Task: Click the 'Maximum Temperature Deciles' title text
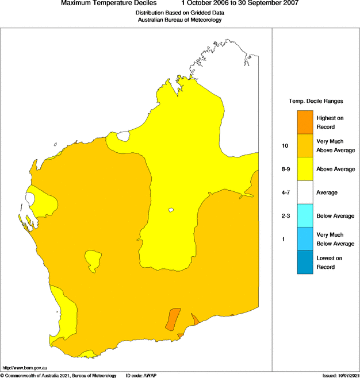109,3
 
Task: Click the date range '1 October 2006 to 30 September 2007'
240,3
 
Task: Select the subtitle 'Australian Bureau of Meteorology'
179,20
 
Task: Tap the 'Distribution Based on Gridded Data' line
179,12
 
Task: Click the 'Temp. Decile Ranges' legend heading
316,101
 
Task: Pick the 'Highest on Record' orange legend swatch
305,122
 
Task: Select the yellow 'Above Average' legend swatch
305,169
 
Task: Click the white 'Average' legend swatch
305,192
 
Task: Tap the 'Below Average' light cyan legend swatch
305,216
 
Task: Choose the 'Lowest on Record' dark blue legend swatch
305,263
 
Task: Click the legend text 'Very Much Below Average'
330,239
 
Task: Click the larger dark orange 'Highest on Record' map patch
173,319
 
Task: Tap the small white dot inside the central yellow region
171,210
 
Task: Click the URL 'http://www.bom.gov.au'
25,367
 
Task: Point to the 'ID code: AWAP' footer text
141,375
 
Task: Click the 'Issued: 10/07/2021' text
340,375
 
